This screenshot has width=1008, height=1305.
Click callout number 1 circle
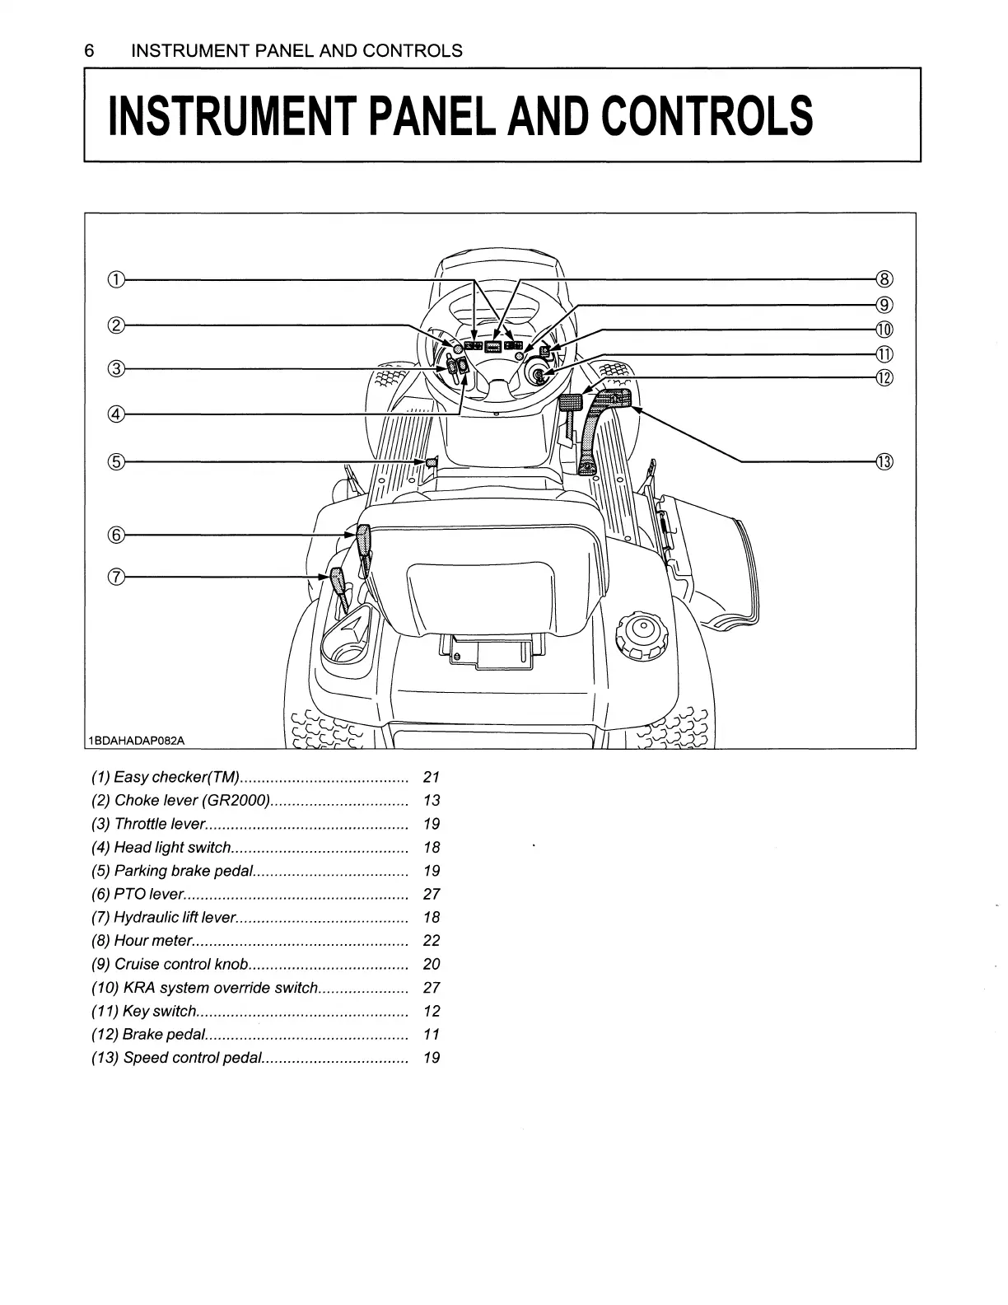pyautogui.click(x=116, y=279)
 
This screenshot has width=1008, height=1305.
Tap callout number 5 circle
pyautogui.click(x=116, y=461)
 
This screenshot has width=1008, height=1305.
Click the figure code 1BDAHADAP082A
pyautogui.click(x=137, y=740)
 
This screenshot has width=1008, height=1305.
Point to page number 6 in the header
pyautogui.click(x=89, y=51)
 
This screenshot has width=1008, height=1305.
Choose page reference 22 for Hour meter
pyautogui.click(x=431, y=941)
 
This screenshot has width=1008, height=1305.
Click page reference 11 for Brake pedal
pyautogui.click(x=431, y=1034)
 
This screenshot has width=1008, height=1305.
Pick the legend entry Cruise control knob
pyautogui.click(x=181, y=964)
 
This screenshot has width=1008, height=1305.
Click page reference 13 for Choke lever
pyautogui.click(x=431, y=800)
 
